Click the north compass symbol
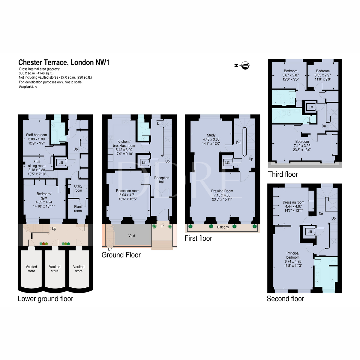[245, 65]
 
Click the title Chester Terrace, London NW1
[64, 62]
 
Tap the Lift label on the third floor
[311, 107]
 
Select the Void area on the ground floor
[132, 236]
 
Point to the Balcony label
[223, 227]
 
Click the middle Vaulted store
[55, 269]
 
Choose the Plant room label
[78, 208]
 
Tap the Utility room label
[78, 188]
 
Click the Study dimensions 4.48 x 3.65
[211, 139]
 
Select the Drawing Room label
[222, 191]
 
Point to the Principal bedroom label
[293, 255]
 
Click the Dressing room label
[293, 202]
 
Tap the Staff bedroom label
[36, 135]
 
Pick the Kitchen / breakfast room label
[124, 143]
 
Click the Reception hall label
[162, 180]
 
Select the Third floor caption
[283, 174]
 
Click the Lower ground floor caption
[46, 299]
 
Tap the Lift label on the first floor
[227, 163]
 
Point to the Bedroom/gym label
[44, 196]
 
